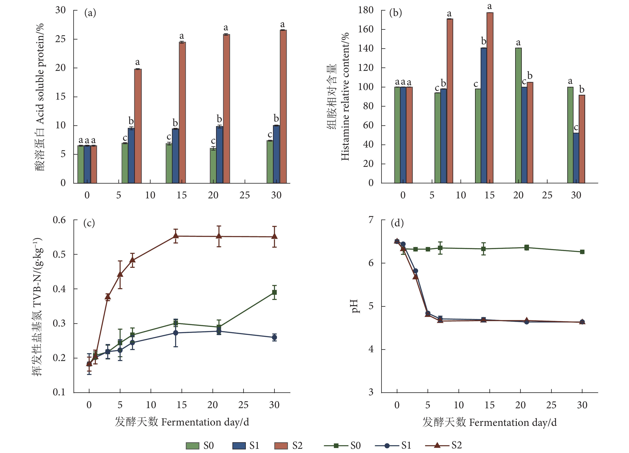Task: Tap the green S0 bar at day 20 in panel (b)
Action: [x=518, y=115]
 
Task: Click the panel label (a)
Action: [x=90, y=13]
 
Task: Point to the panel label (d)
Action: [x=397, y=223]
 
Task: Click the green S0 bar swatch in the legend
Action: [x=192, y=445]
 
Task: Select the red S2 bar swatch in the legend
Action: [x=281, y=445]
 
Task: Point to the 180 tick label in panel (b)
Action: [x=366, y=10]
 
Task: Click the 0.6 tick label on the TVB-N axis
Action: [x=59, y=220]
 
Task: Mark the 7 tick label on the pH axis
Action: [x=371, y=220]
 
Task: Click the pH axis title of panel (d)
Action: [x=355, y=306]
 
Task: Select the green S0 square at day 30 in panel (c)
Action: [x=274, y=293]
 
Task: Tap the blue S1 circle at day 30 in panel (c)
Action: [x=274, y=337]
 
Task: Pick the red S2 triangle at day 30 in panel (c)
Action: [x=274, y=236]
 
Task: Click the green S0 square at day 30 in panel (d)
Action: [x=582, y=252]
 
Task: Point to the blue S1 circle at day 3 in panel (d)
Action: [x=416, y=271]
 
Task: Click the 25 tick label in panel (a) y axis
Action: [x=61, y=39]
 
